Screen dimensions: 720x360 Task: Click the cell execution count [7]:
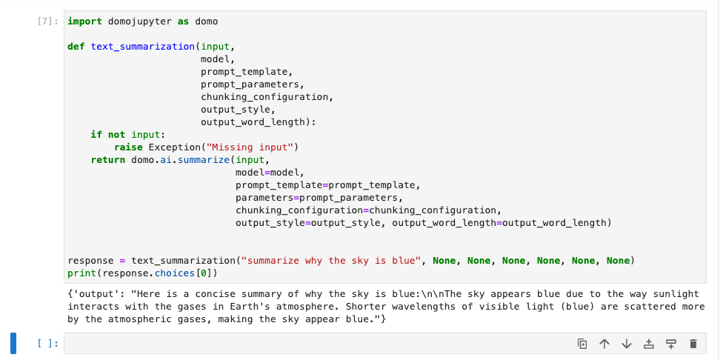pos(47,21)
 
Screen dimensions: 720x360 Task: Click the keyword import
pos(85,21)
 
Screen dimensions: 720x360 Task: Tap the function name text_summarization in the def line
pos(143,47)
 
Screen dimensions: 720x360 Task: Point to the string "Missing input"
pos(250,147)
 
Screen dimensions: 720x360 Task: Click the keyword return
pos(108,160)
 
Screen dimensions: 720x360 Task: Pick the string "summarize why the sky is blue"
pos(330,261)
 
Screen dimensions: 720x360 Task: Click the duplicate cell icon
pos(582,344)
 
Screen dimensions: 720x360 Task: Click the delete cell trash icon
pos(693,344)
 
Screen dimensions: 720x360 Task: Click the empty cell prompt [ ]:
pos(47,344)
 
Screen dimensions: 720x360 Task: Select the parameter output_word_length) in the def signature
pos(259,122)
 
